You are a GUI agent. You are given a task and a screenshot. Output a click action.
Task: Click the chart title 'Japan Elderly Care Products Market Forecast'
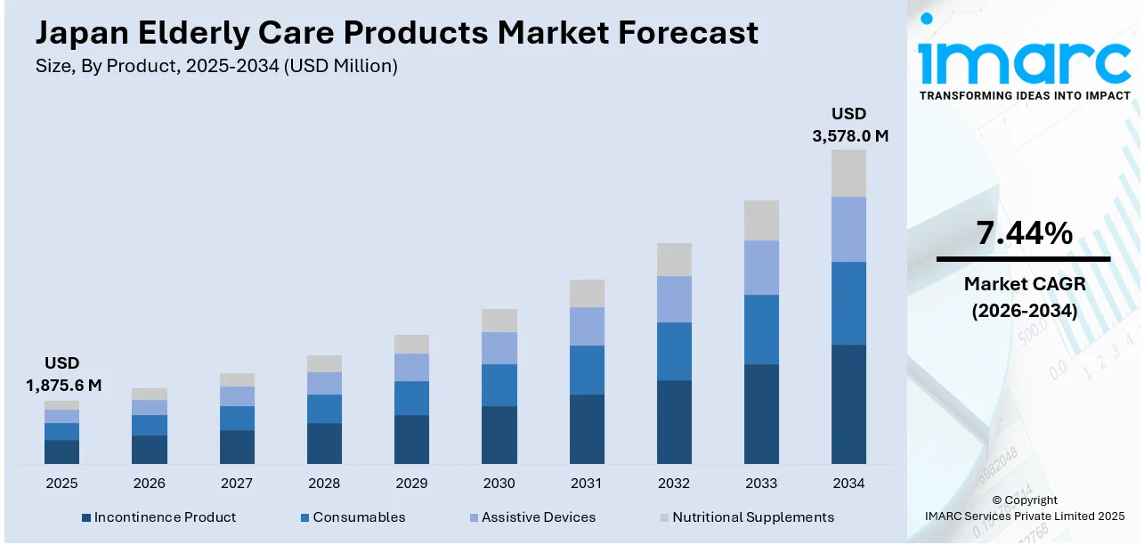(396, 33)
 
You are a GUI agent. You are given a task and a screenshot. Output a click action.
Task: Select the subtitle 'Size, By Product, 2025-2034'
(215, 65)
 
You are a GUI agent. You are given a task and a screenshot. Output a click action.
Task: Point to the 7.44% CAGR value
(1024, 233)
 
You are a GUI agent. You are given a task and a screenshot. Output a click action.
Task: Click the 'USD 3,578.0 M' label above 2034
(848, 125)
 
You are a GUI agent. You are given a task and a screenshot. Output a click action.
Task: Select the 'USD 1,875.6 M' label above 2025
(61, 374)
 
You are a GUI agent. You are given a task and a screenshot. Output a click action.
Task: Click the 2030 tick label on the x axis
(499, 484)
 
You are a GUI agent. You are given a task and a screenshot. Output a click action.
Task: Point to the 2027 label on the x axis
(236, 484)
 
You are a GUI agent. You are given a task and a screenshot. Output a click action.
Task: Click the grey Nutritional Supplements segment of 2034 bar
(848, 173)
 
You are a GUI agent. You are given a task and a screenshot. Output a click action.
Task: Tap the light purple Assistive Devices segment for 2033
(761, 267)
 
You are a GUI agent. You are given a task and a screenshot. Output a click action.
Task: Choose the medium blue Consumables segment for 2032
(674, 351)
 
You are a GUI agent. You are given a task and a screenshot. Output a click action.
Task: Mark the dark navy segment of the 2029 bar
(411, 439)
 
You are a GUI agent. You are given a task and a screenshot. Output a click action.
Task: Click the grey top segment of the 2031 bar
(587, 293)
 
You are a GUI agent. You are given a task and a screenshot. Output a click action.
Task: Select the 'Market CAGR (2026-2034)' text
(1024, 297)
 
